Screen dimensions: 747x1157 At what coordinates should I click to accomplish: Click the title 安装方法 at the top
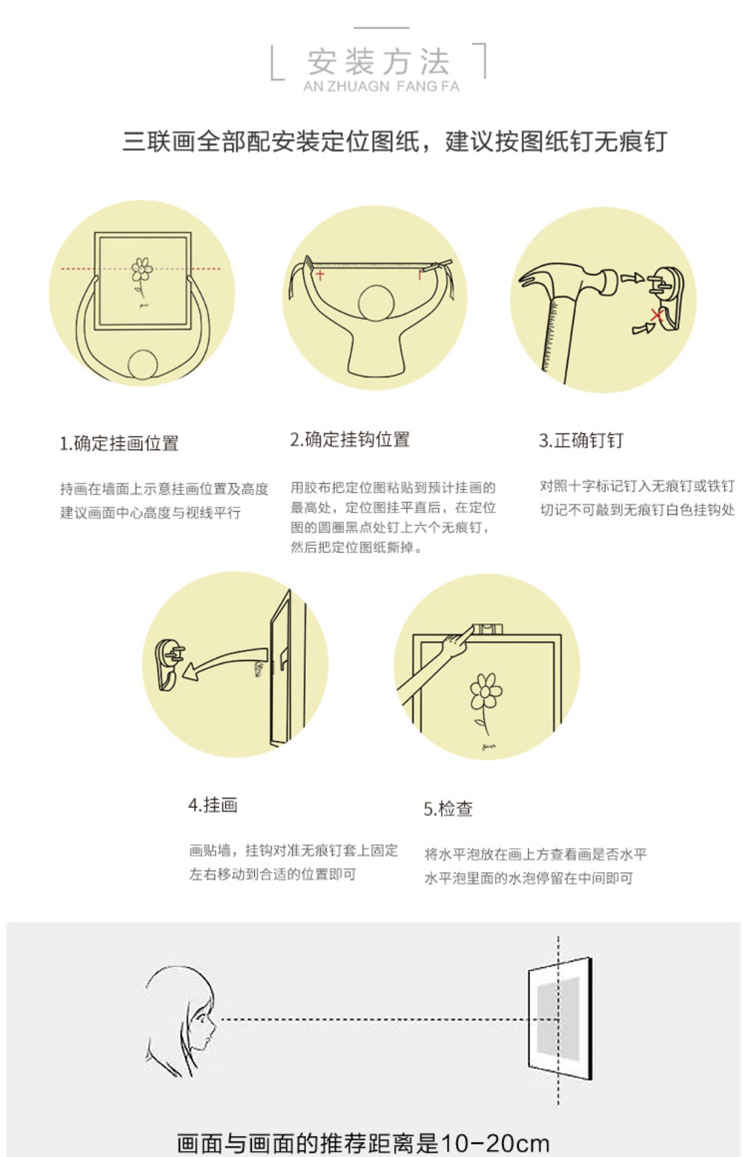click(x=379, y=61)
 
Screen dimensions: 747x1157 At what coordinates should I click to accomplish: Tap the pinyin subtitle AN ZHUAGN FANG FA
click(x=381, y=86)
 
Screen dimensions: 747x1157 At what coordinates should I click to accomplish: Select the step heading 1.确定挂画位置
click(x=119, y=444)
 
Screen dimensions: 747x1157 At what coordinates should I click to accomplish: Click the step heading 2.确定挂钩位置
click(x=350, y=439)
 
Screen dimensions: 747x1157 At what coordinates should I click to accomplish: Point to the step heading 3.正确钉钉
click(x=581, y=441)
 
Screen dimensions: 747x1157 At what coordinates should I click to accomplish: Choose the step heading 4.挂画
click(x=213, y=805)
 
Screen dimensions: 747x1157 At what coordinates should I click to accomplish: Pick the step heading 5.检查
click(x=448, y=809)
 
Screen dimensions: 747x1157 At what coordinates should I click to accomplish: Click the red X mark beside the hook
click(x=657, y=315)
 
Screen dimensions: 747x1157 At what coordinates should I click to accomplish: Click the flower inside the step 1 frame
click(x=142, y=275)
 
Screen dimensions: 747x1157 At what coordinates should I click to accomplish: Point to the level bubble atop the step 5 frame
click(x=487, y=630)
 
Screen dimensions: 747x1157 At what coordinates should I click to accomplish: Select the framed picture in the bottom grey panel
click(x=560, y=1018)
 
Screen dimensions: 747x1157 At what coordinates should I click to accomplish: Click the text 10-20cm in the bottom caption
click(x=495, y=1143)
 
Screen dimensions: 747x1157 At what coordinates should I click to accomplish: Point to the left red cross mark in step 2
click(x=320, y=275)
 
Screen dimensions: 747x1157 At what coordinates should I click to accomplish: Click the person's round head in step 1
click(x=143, y=365)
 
